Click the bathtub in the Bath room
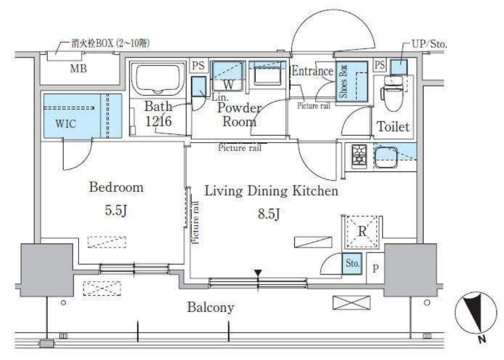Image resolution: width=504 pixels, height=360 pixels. pos(158,79)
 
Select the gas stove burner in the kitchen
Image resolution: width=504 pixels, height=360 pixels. pos(359,156)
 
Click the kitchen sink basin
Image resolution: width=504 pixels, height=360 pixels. pos(386,157)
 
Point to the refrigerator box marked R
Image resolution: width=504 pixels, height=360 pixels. pos(362,232)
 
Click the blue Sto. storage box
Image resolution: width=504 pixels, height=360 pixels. pos(352,263)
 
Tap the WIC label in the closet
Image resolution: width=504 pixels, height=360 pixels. pos(66,124)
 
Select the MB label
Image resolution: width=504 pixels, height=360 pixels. pos(79,68)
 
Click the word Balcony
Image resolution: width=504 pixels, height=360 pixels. pos(211,307)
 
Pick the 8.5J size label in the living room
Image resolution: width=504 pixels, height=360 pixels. pos(269,214)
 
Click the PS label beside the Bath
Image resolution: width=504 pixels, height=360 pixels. pos(198,66)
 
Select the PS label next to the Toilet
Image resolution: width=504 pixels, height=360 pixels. pos(380,65)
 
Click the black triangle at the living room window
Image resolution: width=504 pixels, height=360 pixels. pos(258,273)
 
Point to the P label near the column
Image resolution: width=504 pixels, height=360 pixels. pos(375,269)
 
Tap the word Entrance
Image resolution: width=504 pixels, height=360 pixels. pos(312,71)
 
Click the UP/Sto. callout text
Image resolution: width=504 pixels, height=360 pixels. pos(429,44)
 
